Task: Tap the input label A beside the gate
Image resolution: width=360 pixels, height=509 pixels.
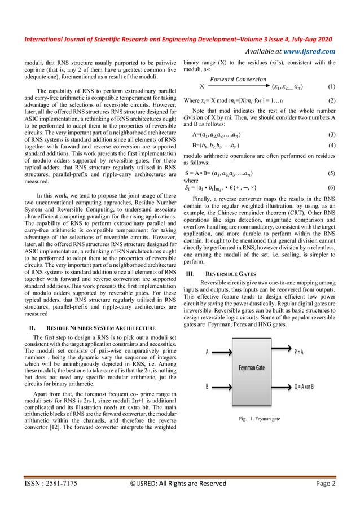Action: click(x=207, y=351)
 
